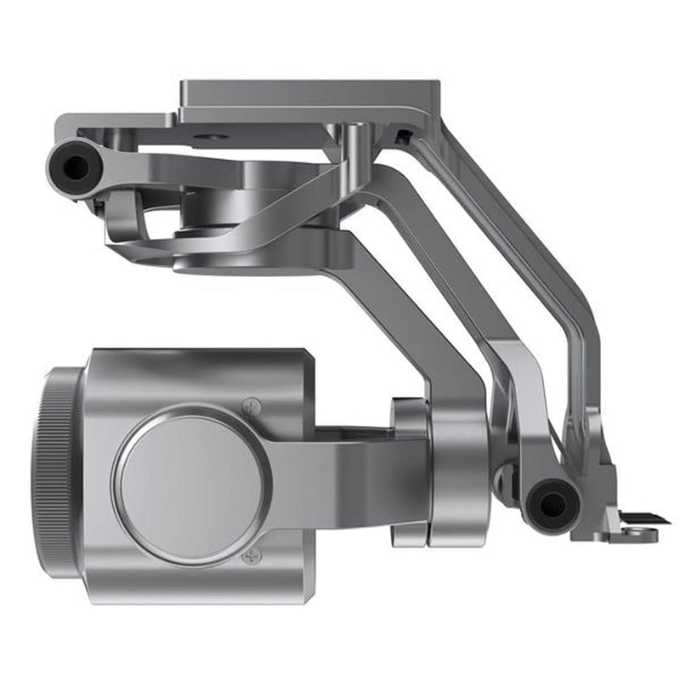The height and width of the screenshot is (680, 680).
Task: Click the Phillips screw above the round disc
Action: tap(252, 405)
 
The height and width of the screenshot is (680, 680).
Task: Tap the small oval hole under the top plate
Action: tap(211, 136)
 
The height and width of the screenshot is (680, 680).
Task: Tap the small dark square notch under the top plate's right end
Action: tap(400, 135)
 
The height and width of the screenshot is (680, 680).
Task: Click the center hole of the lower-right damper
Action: tap(552, 505)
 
